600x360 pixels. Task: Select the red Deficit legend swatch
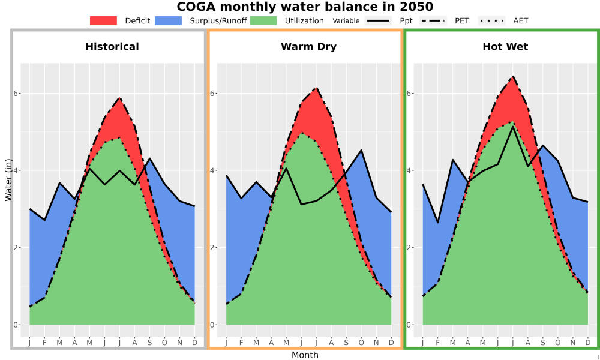tap(103, 20)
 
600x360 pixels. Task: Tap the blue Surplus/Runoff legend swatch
tap(169, 20)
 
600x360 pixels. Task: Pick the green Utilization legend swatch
tap(263, 20)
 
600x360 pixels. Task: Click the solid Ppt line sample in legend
tap(377, 20)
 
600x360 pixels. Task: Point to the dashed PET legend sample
tap(433, 20)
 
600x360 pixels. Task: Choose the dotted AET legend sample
tap(492, 20)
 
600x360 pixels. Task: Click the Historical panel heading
tap(112, 47)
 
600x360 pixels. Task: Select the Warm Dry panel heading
tap(309, 47)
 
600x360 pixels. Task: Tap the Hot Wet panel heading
tap(505, 47)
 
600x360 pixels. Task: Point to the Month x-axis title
tap(305, 355)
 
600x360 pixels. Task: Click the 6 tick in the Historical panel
tap(16, 94)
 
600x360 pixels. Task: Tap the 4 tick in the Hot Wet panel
tap(409, 170)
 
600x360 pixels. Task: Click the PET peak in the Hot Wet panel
tap(513, 76)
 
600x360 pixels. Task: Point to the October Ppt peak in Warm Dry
tap(361, 150)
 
